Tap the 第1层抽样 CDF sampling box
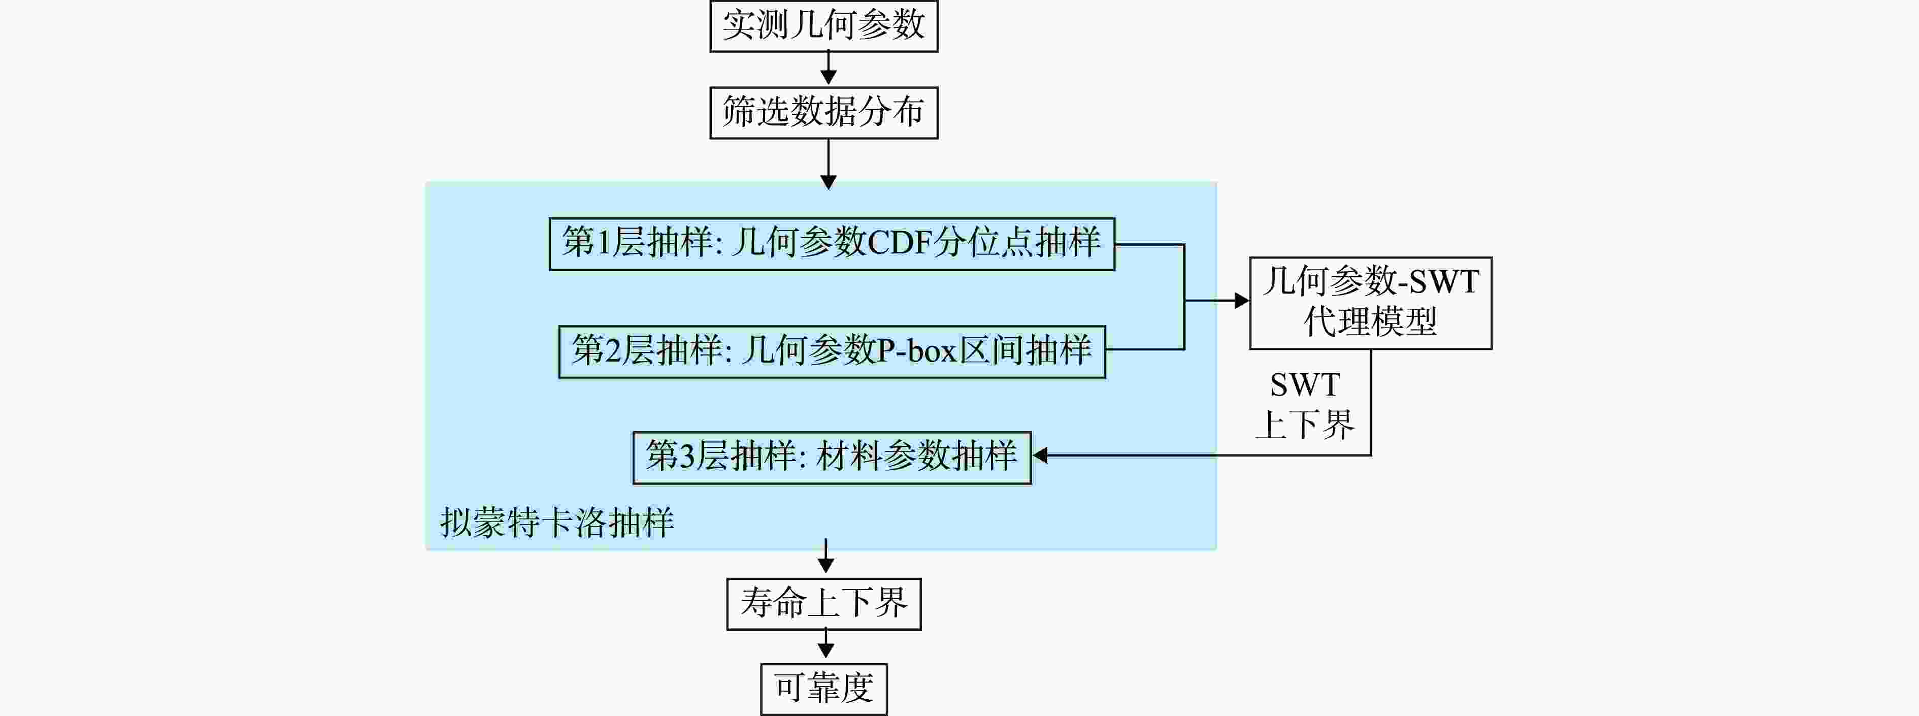(832, 244)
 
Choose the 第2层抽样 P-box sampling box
(832, 352)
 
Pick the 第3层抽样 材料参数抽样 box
(832, 458)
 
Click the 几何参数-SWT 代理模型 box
(1371, 303)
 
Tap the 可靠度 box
(824, 689)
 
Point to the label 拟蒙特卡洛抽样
(557, 523)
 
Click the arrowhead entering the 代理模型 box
(1242, 301)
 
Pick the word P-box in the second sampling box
(916, 351)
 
